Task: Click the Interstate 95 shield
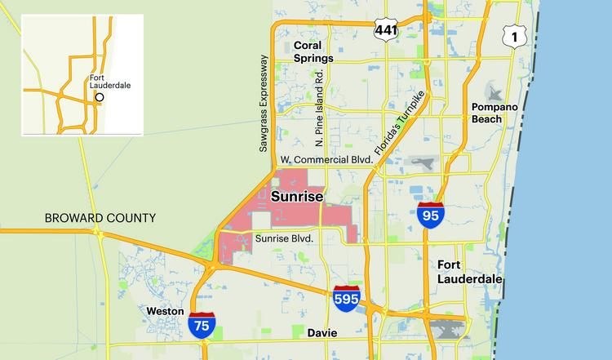point(430,216)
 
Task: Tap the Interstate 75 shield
point(202,325)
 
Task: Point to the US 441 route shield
point(385,29)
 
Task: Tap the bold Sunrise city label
point(297,198)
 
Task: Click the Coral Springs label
point(313,52)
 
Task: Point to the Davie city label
point(322,332)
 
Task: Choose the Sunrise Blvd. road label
point(285,239)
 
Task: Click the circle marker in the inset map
point(100,97)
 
